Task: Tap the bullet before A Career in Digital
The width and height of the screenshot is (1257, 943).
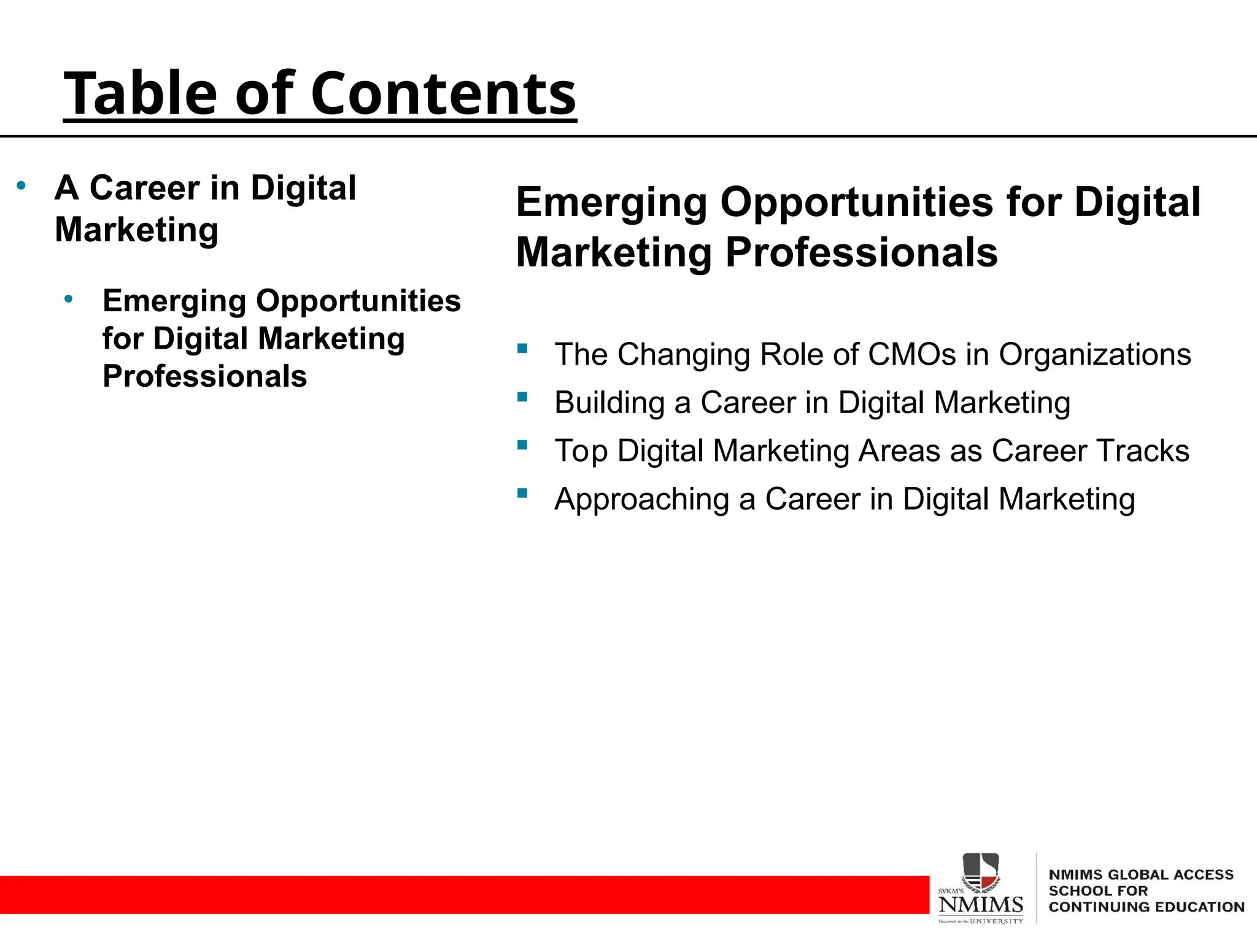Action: (21, 185)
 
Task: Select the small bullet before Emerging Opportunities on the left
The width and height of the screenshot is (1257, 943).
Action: (69, 299)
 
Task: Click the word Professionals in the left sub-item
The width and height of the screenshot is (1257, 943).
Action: (204, 376)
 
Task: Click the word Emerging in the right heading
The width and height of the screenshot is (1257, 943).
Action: (611, 202)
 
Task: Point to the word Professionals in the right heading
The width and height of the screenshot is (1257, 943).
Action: (861, 252)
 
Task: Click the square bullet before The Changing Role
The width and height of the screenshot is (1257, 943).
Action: (522, 349)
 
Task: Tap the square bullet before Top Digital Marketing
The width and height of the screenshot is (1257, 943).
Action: (522, 445)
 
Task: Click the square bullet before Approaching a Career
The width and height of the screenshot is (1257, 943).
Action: (522, 493)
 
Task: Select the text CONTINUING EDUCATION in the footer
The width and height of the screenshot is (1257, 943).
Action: (1146, 907)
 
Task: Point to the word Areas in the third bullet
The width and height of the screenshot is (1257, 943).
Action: (900, 451)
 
